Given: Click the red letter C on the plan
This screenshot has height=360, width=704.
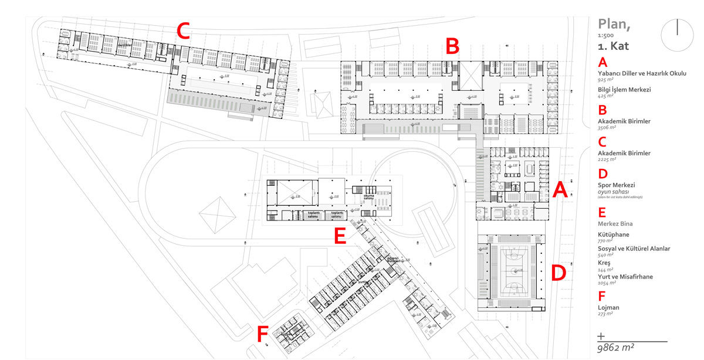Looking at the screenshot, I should tap(184, 31).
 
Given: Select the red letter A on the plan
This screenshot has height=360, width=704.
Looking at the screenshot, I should tap(560, 190).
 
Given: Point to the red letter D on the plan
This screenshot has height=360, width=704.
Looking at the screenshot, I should tap(559, 273).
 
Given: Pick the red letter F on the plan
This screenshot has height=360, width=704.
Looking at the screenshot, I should tap(262, 334).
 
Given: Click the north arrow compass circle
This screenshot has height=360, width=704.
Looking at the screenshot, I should tap(677, 35).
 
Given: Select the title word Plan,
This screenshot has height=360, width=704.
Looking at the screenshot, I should tap(614, 24).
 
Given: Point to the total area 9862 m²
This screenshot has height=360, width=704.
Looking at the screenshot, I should tap(616, 348).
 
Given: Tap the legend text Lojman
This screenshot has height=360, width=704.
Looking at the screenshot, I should tap(609, 307).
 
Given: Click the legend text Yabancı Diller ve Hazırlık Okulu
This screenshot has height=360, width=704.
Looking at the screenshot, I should tap(642, 73).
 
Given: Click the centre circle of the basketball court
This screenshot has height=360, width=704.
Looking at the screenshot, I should tap(512, 271).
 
